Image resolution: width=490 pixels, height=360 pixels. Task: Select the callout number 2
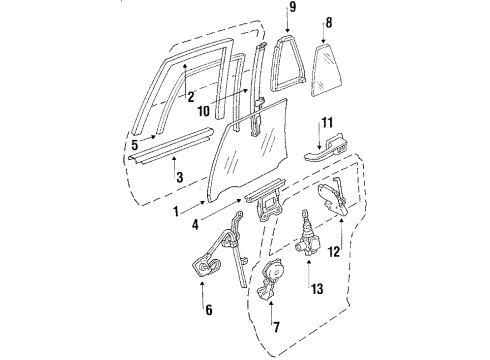pyautogui.click(x=188, y=97)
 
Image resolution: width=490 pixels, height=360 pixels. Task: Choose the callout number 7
pyautogui.click(x=275, y=326)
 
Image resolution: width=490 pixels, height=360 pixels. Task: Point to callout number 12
pyautogui.click(x=334, y=252)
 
